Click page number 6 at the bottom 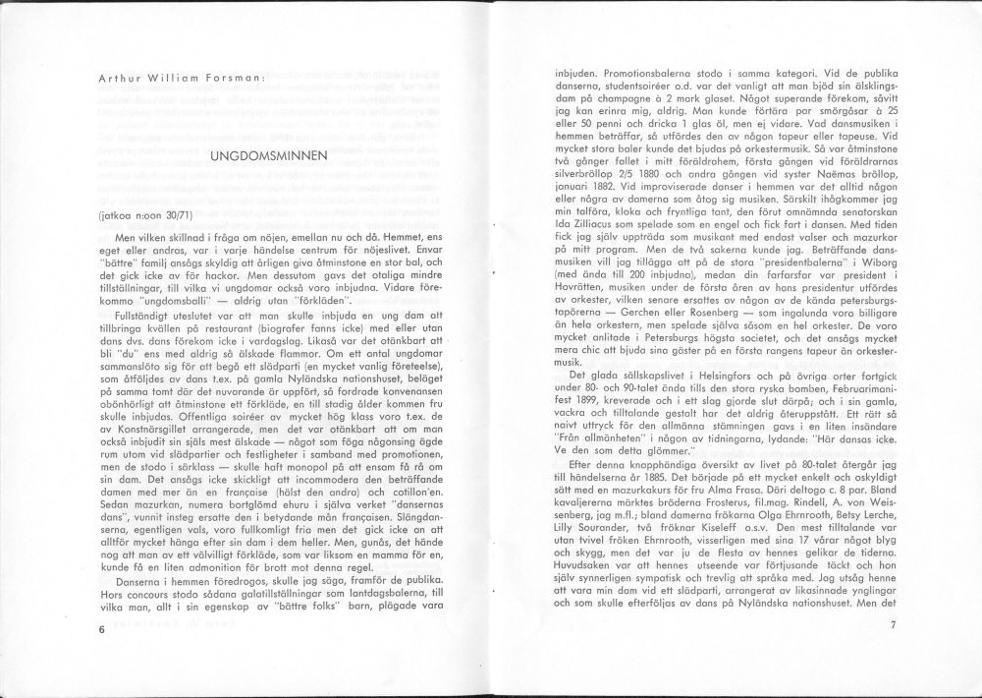point(101,628)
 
